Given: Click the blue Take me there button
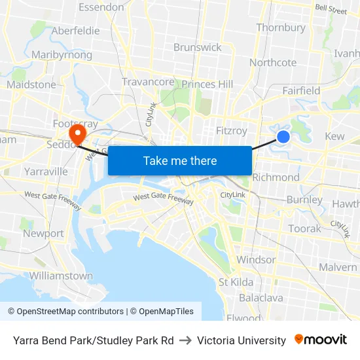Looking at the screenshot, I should point(180,160).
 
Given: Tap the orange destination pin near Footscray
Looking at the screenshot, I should point(77,133).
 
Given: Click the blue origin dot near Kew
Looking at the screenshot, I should point(283,136).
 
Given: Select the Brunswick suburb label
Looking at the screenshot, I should point(197,47).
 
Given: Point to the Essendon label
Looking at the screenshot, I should point(101,7).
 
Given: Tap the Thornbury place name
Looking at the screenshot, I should point(281,27).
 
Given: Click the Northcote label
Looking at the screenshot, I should point(273,63).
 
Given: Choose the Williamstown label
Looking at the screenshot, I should point(61,276).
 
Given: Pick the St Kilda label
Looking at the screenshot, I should point(236,282).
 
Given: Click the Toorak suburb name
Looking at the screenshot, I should point(305,228).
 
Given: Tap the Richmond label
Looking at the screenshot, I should point(276,177).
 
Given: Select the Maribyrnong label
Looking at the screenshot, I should point(62,55).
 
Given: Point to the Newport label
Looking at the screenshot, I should point(43,234).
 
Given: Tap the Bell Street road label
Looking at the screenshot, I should point(331,10).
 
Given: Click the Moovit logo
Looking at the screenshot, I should point(321,340).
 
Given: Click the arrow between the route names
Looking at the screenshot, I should point(185,340).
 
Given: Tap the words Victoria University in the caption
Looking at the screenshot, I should point(241,340).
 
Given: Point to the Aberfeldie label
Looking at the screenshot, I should point(75,31).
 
